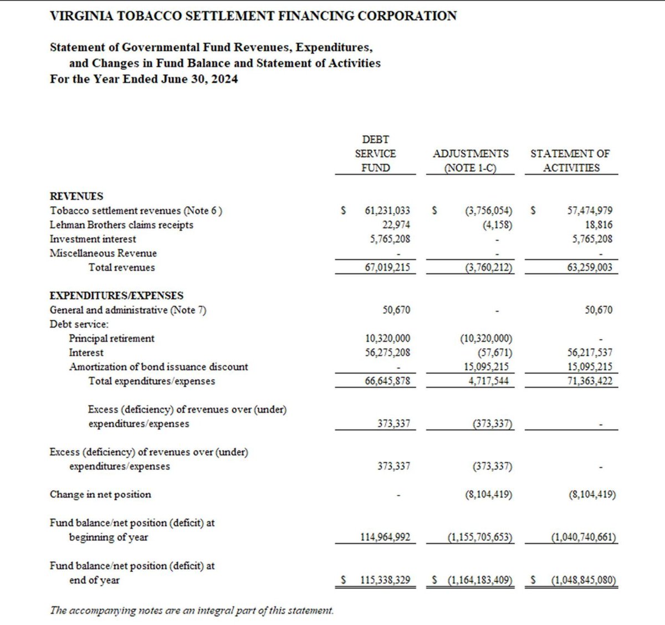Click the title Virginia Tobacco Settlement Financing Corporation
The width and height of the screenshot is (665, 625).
253,16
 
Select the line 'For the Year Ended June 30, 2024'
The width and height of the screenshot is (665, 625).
144,79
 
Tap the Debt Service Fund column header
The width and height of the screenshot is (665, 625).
375,153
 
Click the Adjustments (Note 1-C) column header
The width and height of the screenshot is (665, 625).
470,161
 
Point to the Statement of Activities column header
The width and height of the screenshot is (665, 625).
570,161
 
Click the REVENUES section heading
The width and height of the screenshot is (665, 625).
76,196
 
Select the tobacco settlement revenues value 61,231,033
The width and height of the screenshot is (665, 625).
387,211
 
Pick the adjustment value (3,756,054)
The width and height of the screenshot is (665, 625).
488,211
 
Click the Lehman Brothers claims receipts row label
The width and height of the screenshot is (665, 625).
121,225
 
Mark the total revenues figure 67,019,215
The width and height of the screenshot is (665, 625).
387,268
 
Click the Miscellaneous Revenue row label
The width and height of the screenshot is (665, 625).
103,253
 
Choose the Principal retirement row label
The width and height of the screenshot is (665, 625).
111,339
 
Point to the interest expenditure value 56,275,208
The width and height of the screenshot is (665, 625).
387,352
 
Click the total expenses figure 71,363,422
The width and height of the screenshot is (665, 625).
590,381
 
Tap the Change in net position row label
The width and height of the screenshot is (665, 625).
100,494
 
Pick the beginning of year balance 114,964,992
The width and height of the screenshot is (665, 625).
385,537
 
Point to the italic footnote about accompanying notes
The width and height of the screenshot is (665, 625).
192,610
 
